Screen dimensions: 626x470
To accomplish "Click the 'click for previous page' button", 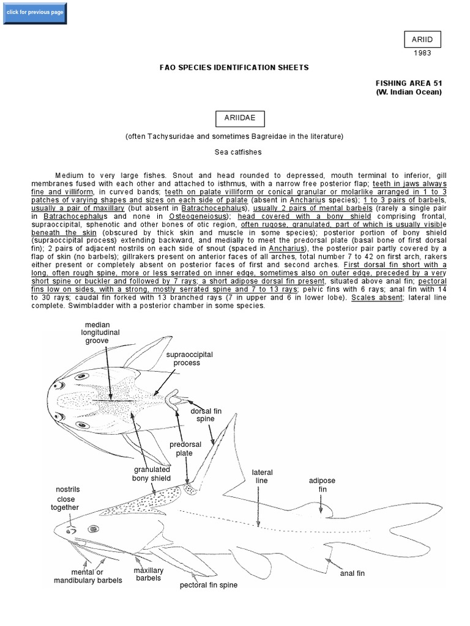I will pos(34,13).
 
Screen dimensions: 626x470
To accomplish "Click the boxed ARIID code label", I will pos(422,40).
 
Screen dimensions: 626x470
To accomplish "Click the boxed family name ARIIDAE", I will pos(234,117).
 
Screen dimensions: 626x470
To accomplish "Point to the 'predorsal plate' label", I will pos(181,449).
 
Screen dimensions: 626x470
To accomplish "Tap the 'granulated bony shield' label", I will pos(151,473).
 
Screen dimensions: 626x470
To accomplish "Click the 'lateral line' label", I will pos(262,476).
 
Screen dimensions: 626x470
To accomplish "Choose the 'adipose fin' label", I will pos(323,485).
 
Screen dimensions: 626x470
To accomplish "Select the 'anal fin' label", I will pos(352,573).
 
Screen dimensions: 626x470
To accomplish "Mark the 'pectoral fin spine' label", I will pos(208,585).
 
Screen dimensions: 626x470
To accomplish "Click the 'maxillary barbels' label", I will pos(149,574).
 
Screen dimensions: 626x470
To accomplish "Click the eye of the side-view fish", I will pos(94,528).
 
